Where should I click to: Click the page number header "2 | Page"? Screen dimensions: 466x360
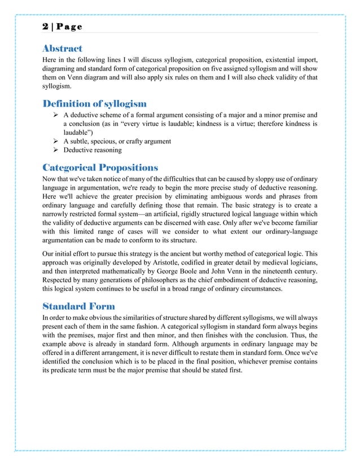coord(62,27)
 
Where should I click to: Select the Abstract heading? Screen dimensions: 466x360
coord(63,49)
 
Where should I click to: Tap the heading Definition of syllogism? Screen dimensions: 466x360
coord(95,103)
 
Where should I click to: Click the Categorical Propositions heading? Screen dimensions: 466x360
coord(100,168)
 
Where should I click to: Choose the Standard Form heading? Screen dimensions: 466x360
coord(79,306)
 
